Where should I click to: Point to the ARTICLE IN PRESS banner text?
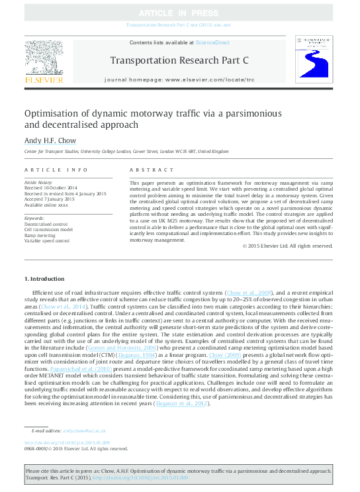tap(180, 13)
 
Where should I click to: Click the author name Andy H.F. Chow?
tap(48, 141)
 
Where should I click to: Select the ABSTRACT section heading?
tap(146, 170)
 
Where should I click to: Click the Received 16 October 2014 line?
tap(50, 187)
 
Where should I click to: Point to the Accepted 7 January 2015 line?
tap(50, 199)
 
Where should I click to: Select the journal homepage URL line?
tap(179, 79)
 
